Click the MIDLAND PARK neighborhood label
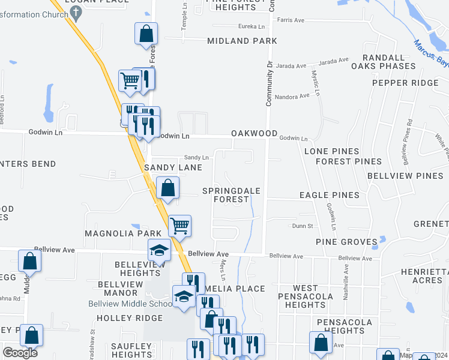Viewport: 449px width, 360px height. click(x=242, y=41)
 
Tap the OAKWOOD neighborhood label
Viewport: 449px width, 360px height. click(x=255, y=134)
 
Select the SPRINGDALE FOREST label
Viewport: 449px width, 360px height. click(x=231, y=195)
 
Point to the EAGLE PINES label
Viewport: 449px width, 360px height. click(x=330, y=195)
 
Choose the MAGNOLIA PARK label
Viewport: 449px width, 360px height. click(x=123, y=233)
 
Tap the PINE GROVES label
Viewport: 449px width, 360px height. click(x=347, y=242)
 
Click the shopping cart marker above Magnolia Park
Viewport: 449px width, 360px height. click(x=179, y=226)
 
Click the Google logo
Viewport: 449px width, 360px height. click(x=20, y=353)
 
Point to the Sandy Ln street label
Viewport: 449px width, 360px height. click(x=196, y=157)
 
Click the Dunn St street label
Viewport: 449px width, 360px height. click(x=303, y=226)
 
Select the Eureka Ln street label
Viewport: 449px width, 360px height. click(x=252, y=27)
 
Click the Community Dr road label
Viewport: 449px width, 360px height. click(x=270, y=83)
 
